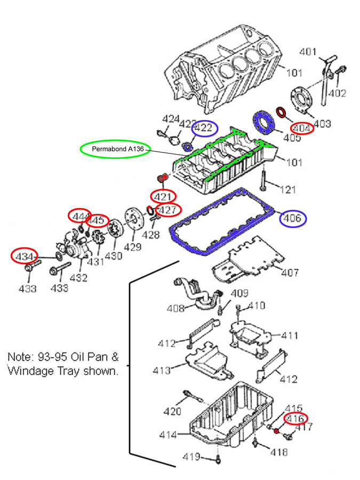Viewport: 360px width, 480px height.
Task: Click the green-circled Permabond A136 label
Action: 115,149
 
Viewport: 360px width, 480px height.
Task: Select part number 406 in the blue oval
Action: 291,218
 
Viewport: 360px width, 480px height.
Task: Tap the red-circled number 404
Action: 302,127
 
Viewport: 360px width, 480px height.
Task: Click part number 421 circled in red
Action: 163,196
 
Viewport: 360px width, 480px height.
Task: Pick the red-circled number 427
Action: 168,210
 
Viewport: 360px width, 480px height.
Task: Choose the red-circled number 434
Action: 25,256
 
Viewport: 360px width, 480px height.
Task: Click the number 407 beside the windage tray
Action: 290,273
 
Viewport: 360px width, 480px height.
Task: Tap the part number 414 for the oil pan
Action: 168,435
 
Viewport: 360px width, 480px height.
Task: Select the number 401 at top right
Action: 308,52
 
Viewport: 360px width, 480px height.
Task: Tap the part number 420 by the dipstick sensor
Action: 172,411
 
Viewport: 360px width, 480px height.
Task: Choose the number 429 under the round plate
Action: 133,246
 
